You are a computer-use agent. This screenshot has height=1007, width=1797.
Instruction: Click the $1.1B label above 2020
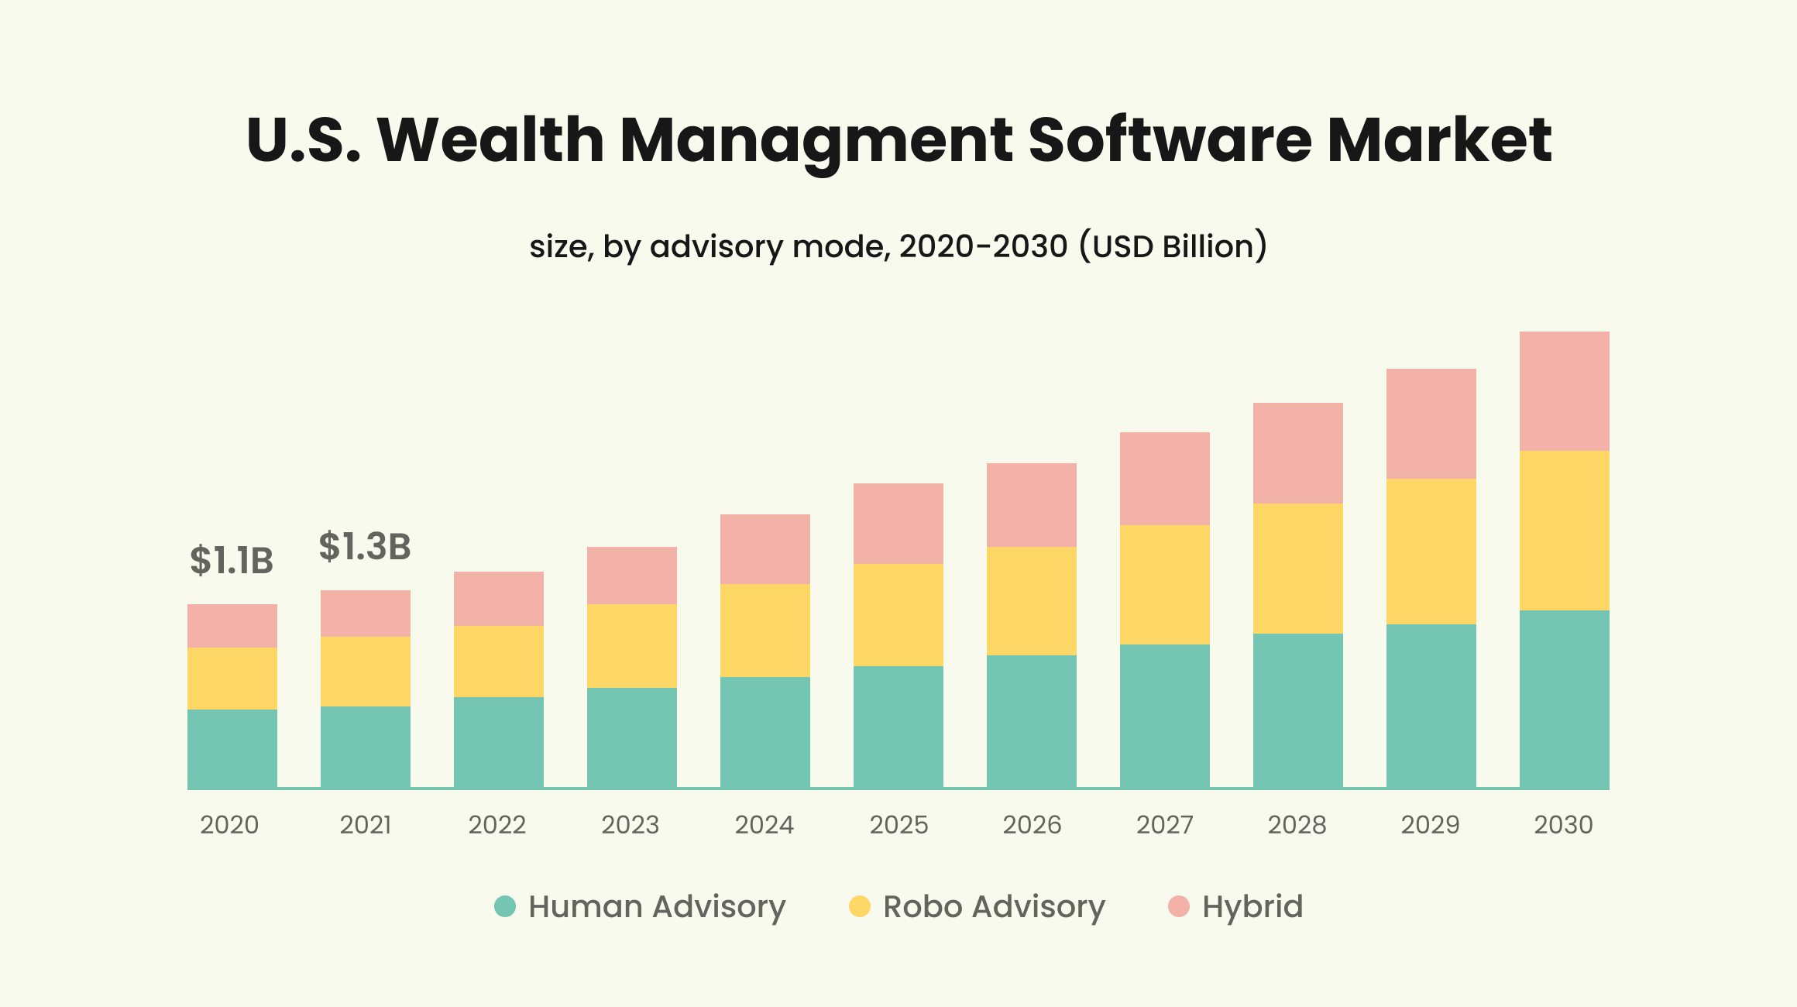pos(232,560)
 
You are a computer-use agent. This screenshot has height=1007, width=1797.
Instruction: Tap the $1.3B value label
pos(364,546)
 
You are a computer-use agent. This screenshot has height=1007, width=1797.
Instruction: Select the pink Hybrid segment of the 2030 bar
pos(1564,391)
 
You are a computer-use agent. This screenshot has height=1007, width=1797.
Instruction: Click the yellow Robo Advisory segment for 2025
pos(898,614)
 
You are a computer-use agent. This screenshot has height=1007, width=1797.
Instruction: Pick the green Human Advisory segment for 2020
pos(232,748)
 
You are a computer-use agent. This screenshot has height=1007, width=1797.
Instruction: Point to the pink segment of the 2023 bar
pos(631,576)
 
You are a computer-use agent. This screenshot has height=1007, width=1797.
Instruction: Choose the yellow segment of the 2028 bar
pos(1297,568)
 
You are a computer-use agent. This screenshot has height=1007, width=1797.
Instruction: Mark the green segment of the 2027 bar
pos(1164,716)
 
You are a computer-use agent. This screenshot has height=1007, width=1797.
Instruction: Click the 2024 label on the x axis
pos(764,825)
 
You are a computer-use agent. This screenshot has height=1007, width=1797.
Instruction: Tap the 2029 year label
pos(1430,825)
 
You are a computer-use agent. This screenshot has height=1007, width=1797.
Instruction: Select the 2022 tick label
pos(497,825)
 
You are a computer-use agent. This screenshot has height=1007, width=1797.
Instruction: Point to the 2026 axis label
pos(1032,825)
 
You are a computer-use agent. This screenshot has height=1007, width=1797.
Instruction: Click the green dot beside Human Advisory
pos(505,906)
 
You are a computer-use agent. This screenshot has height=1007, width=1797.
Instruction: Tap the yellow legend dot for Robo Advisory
pos(860,906)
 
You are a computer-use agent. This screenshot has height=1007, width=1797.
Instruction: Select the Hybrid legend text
pos(1252,906)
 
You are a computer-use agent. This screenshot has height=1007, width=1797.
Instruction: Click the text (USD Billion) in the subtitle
pos(1173,246)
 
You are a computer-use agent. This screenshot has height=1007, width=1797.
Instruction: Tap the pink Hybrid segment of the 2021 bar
pos(365,613)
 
